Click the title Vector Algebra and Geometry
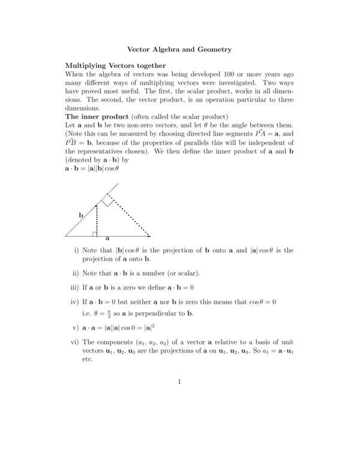[179, 49]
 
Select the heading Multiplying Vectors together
[115, 65]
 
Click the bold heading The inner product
[96, 115]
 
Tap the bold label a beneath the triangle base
[107, 238]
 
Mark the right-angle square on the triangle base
[95, 232]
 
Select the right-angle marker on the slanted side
[107, 201]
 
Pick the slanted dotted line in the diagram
[128, 214]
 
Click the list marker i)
[76, 250]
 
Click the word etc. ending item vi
[88, 359]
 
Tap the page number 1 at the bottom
[179, 382]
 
